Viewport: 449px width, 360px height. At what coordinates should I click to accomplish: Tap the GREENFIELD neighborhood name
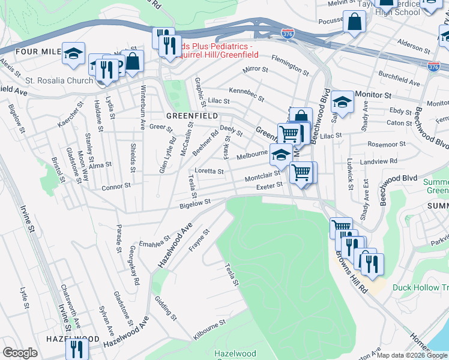coord(191,115)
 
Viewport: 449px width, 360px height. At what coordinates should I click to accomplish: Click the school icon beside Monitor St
coord(342,102)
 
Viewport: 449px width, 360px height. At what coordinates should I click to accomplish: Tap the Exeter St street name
coord(269,187)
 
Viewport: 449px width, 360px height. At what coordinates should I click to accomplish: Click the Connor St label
coord(116,187)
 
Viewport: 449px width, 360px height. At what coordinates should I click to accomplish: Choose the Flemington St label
coord(290,65)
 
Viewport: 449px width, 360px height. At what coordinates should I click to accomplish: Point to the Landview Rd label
coord(378,161)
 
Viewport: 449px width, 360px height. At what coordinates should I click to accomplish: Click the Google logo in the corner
coord(20,353)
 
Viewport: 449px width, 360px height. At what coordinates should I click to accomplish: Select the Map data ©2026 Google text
coord(412,355)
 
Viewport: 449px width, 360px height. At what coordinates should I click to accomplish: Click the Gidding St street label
coord(166,308)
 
